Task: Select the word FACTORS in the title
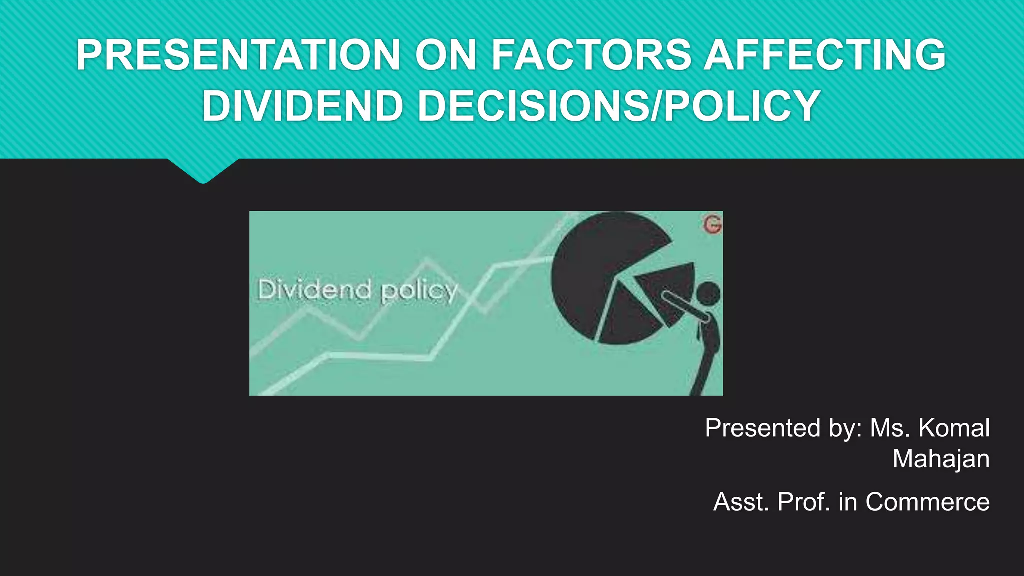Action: click(x=591, y=55)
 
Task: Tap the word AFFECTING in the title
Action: click(x=825, y=55)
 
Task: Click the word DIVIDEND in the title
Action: click(x=302, y=106)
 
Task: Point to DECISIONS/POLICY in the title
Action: click(x=619, y=106)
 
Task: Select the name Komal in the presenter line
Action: click(x=954, y=428)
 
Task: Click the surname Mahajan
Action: click(x=941, y=459)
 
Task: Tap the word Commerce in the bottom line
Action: click(x=927, y=502)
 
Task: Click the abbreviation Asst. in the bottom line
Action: click(x=741, y=502)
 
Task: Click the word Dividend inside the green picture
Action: click(x=314, y=290)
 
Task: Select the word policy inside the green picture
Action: click(x=419, y=291)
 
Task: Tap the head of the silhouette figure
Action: click(x=708, y=293)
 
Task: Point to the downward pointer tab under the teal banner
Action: click(x=203, y=171)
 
